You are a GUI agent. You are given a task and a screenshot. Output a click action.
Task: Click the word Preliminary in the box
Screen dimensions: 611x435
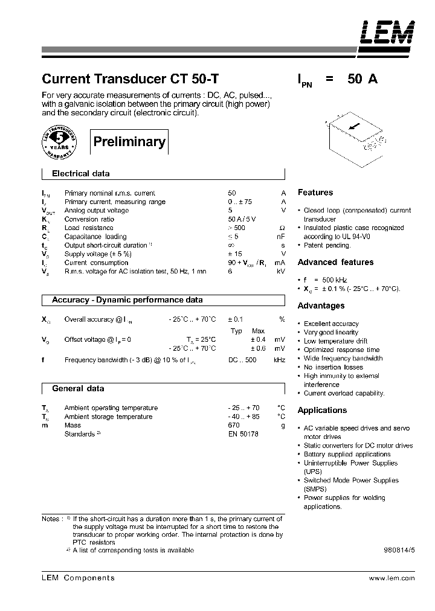point(129,142)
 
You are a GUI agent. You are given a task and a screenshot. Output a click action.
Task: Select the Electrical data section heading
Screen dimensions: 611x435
point(80,174)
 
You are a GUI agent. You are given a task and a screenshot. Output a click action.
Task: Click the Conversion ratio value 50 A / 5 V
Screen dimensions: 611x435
point(241,219)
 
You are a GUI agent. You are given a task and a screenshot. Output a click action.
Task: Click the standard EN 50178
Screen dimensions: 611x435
point(243,434)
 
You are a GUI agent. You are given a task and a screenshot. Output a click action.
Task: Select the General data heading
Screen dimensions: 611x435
point(78,389)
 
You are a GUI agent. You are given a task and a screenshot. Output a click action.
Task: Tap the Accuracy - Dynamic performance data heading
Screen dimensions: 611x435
point(127,300)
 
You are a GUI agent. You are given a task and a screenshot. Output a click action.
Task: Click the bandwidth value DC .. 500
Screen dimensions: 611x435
point(242,360)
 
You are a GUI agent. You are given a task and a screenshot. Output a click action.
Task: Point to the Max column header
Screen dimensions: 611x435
point(258,331)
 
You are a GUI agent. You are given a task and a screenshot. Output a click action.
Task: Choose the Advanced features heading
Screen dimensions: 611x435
point(335,263)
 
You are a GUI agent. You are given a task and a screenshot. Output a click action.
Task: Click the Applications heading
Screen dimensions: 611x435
point(322,411)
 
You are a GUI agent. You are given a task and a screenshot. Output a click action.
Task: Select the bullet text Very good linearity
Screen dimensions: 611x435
point(331,333)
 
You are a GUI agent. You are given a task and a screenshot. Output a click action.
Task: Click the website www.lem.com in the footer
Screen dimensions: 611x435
point(391,578)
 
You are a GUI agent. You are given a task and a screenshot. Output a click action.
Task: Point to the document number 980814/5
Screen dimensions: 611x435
point(399,551)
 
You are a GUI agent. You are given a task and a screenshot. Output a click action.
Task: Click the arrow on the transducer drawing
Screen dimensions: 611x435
point(355,126)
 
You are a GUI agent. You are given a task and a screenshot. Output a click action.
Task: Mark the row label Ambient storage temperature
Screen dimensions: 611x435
point(108,417)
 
